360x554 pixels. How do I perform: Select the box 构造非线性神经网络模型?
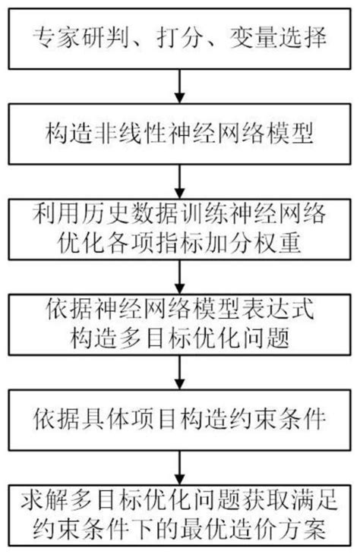click(180, 137)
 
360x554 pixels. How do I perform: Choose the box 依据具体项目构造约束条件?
click(180, 417)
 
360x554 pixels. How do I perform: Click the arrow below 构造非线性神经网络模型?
click(179, 179)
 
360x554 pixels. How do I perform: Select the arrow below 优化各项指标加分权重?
click(179, 275)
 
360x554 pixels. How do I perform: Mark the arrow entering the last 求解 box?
click(179, 465)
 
